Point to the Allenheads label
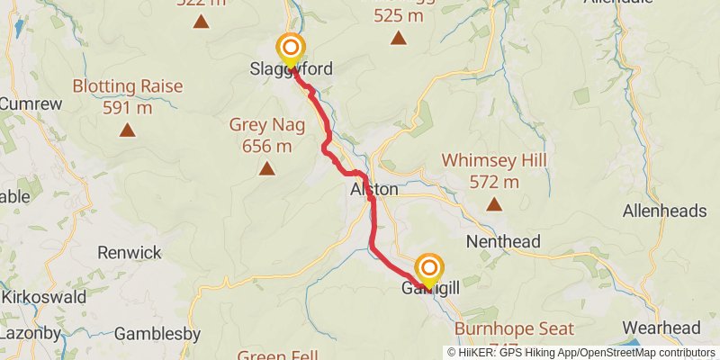[x=665, y=211]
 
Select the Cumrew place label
[x=30, y=103]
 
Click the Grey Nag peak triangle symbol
[x=266, y=168]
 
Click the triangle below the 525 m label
[x=398, y=38]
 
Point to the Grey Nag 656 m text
[x=267, y=135]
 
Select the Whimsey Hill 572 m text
[x=494, y=171]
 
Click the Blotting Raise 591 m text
[x=128, y=97]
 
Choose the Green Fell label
[x=278, y=355]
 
